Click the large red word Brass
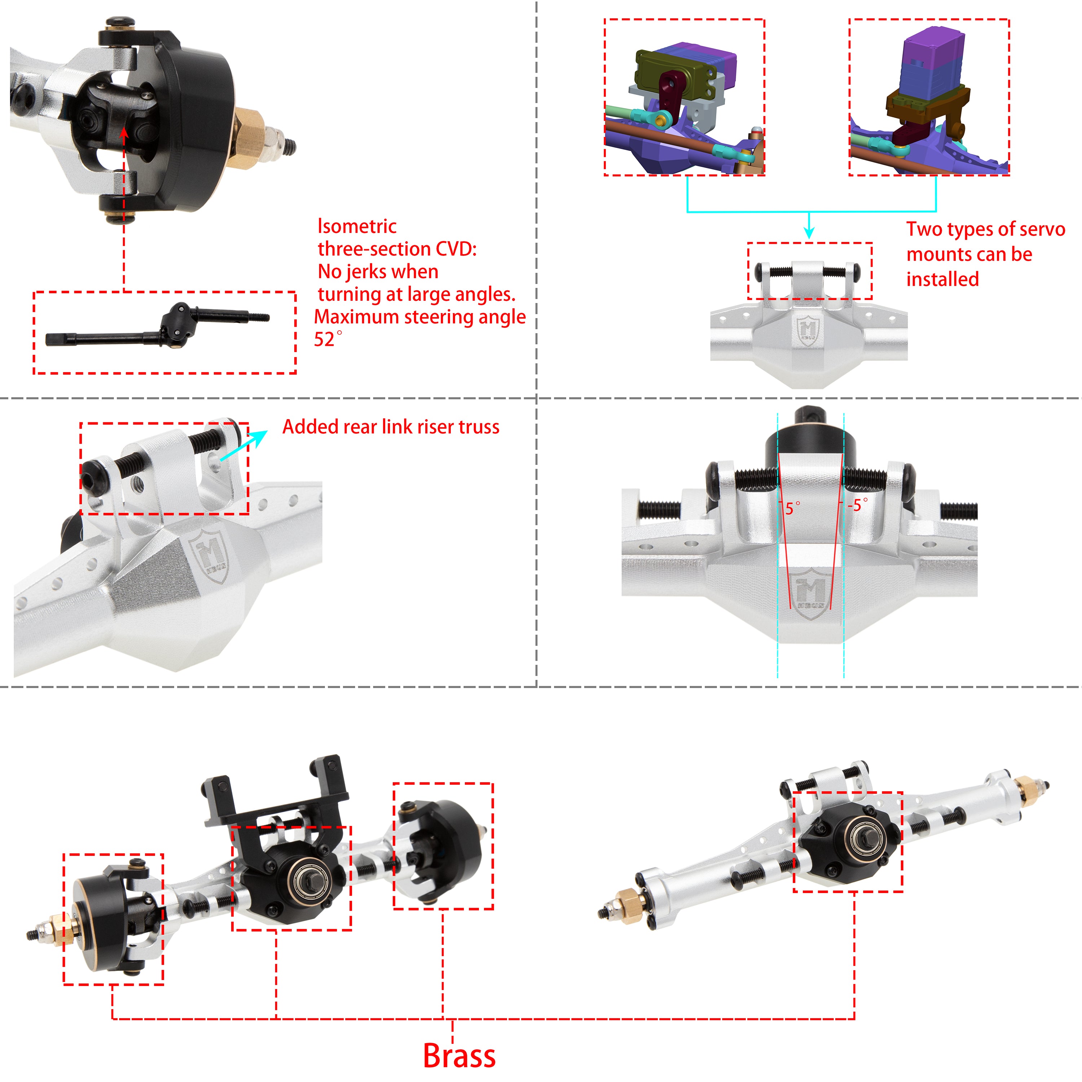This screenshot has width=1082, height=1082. [459, 1056]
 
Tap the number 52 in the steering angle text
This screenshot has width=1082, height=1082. [324, 339]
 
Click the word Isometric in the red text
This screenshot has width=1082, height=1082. [357, 226]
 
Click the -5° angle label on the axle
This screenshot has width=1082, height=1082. [857, 505]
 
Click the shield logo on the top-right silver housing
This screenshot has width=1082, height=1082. [807, 330]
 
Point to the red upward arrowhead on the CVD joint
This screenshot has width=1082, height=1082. [124, 133]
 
